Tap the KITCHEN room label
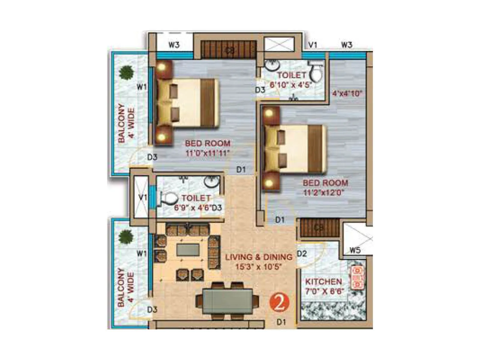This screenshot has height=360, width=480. click(323, 282)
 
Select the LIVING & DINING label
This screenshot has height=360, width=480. click(259, 257)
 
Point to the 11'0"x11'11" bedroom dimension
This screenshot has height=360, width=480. click(207, 153)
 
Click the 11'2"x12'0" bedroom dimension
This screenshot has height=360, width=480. click(324, 192)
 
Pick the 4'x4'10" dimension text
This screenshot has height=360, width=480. click(347, 93)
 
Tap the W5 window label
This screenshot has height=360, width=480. click(355, 250)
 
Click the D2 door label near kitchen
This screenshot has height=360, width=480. click(302, 254)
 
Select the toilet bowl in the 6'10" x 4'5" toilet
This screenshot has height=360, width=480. click(316, 72)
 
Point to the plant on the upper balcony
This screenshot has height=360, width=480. click(126, 72)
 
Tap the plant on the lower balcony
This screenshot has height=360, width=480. click(126, 237)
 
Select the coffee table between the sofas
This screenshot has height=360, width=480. click(188, 250)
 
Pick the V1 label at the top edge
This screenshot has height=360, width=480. click(313, 45)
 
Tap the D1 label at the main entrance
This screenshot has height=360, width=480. click(281, 322)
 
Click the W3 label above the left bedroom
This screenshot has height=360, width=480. click(174, 45)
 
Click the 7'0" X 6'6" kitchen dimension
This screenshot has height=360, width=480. click(324, 291)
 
